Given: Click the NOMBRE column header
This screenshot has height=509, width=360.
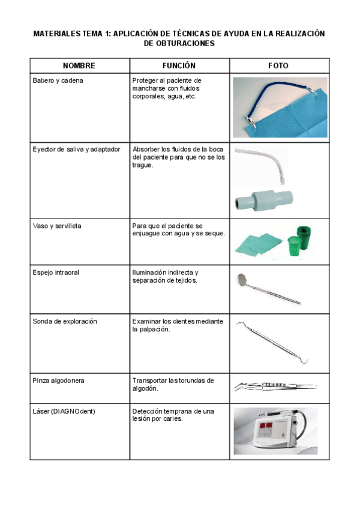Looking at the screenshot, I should (x=79, y=65).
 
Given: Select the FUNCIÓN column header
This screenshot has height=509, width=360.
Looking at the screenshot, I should (x=179, y=65).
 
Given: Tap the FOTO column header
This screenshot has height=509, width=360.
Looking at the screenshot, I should (x=278, y=65).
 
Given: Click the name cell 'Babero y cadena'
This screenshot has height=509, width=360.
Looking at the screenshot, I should (x=58, y=80).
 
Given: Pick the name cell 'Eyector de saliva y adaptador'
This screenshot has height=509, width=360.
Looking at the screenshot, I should (x=76, y=149).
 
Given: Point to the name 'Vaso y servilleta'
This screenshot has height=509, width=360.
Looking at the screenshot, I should (x=57, y=226).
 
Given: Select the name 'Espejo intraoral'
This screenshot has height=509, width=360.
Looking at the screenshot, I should (x=56, y=273).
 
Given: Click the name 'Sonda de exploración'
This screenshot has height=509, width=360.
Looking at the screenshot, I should (x=62, y=322).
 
